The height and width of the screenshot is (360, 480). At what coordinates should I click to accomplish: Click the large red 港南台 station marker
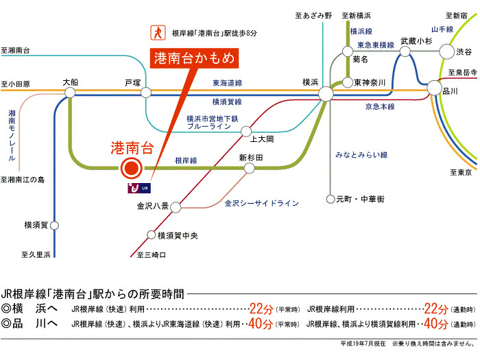tap(130, 168)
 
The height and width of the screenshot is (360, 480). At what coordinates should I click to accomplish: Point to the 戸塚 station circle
tap(145, 93)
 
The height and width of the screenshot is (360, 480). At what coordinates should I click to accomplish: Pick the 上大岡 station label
tap(261, 139)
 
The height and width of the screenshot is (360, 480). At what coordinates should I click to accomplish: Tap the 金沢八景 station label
tap(153, 205)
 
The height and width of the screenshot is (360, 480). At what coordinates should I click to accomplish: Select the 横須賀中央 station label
tap(177, 236)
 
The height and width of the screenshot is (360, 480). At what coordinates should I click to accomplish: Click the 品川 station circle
tap(434, 88)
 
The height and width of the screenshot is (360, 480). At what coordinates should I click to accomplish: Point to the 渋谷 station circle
tap(446, 51)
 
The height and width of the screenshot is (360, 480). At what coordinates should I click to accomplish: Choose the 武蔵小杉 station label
tap(417, 41)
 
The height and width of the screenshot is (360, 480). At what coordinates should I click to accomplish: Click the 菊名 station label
tap(361, 60)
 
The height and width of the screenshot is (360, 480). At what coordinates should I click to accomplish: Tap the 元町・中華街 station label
tap(360, 199)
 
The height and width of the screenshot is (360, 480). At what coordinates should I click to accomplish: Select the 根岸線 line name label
tap(186, 160)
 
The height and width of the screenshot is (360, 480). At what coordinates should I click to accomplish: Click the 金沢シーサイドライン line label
tap(262, 204)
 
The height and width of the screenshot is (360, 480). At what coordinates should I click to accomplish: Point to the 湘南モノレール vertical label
tap(12, 134)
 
